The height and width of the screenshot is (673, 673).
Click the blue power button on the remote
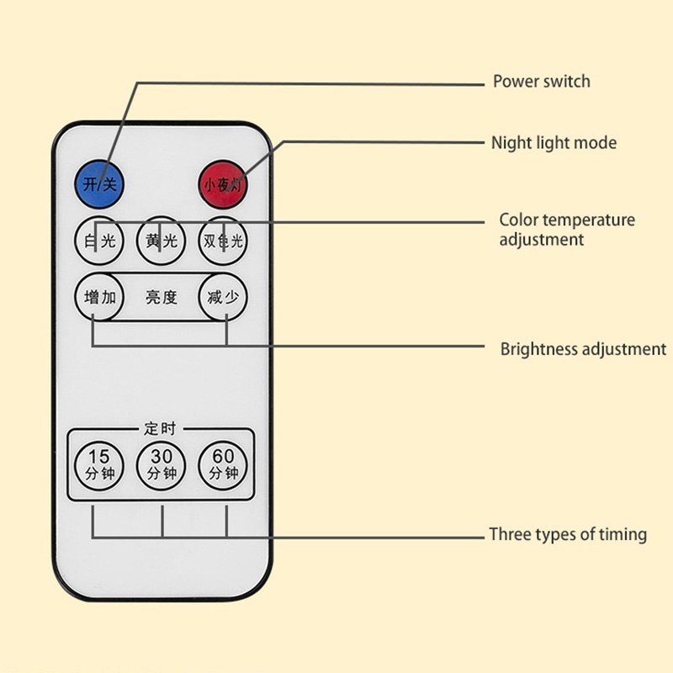coord(99,183)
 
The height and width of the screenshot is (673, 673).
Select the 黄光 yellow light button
coord(162,241)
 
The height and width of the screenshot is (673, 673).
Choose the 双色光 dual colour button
coord(224,241)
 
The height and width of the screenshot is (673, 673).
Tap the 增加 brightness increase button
coord(100,297)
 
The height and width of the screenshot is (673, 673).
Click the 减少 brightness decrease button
coord(224,297)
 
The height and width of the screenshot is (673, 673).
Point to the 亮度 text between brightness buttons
coord(162,297)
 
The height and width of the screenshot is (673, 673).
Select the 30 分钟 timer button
coord(162,464)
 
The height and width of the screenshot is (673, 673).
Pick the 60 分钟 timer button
coord(224,464)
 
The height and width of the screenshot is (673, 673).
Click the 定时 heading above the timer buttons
coord(162,429)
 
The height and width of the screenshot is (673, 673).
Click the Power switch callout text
coord(541,82)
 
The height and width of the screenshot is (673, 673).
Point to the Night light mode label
coord(554,143)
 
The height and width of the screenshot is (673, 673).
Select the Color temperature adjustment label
coord(566,230)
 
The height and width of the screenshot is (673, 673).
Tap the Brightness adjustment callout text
coord(583,349)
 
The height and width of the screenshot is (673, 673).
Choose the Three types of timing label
coord(568,534)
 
